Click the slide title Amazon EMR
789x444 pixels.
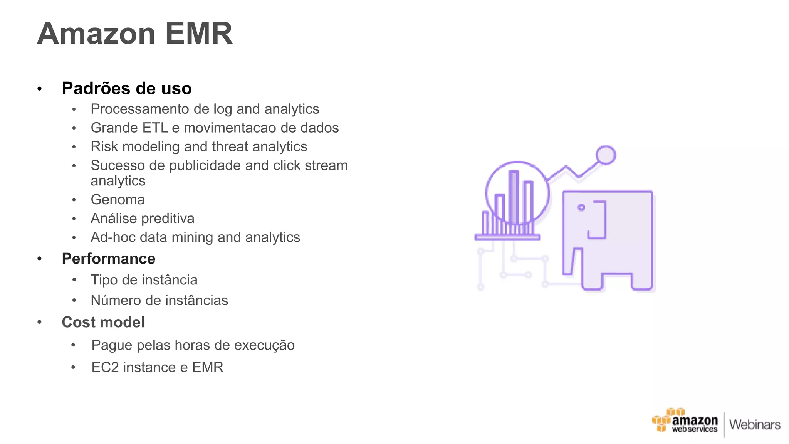point(135,34)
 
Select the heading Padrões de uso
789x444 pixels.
point(127,88)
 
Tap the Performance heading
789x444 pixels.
point(108,259)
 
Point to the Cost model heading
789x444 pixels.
point(103,322)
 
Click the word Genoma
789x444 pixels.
point(118,200)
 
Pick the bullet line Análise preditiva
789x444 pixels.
point(142,219)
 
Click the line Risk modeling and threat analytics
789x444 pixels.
point(199,147)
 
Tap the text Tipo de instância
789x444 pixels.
point(144,280)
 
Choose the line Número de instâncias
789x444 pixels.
point(159,300)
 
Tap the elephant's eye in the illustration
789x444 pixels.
point(581,208)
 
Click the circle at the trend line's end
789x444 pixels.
point(606,155)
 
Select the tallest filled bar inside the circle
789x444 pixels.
point(514,197)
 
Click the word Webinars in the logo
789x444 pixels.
point(755,424)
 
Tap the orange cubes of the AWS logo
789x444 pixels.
point(662,421)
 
